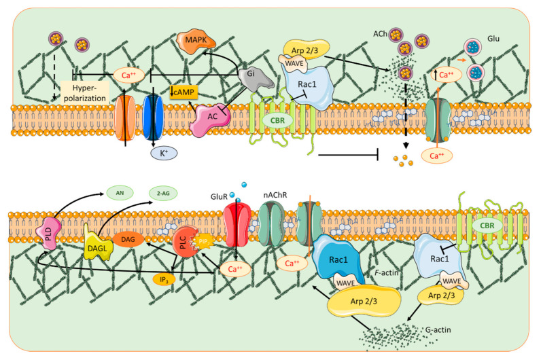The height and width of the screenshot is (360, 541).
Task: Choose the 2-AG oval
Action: click(163, 194)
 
